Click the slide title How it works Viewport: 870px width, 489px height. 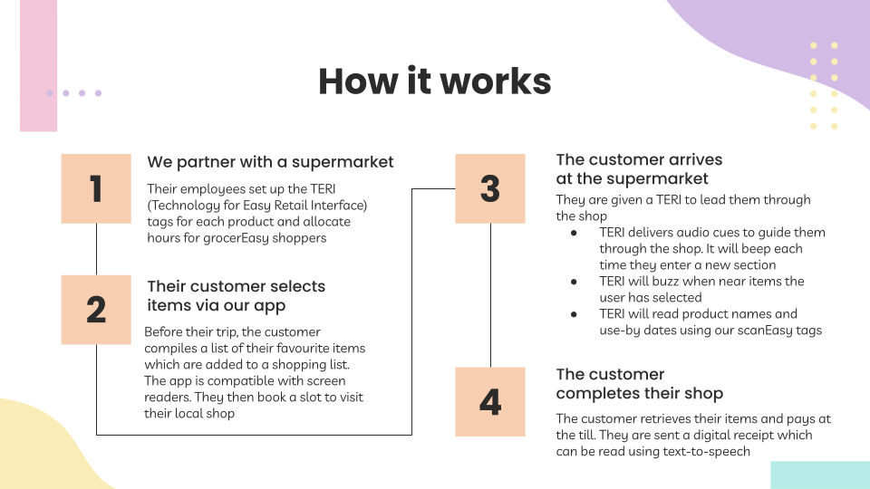coord(434,81)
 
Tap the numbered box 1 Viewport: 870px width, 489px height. coord(96,189)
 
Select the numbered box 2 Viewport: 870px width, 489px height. coord(96,310)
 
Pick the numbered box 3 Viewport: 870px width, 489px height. coord(490,188)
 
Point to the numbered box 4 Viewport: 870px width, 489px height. coord(490,401)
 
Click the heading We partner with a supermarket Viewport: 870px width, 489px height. coord(270,162)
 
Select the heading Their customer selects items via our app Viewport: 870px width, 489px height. coord(236,295)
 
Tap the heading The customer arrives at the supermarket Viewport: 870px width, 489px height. coord(639,169)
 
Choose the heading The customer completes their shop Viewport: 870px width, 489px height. coord(639,384)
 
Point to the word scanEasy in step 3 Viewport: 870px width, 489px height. coord(758,330)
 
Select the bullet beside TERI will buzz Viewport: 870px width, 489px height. coord(574,282)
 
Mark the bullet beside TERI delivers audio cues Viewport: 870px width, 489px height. coord(574,233)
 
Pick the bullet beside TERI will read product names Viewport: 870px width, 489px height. coord(574,314)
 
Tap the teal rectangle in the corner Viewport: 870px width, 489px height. coord(819,475)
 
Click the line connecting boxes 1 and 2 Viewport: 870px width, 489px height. coord(96,249)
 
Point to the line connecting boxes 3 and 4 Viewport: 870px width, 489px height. coord(490,294)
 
